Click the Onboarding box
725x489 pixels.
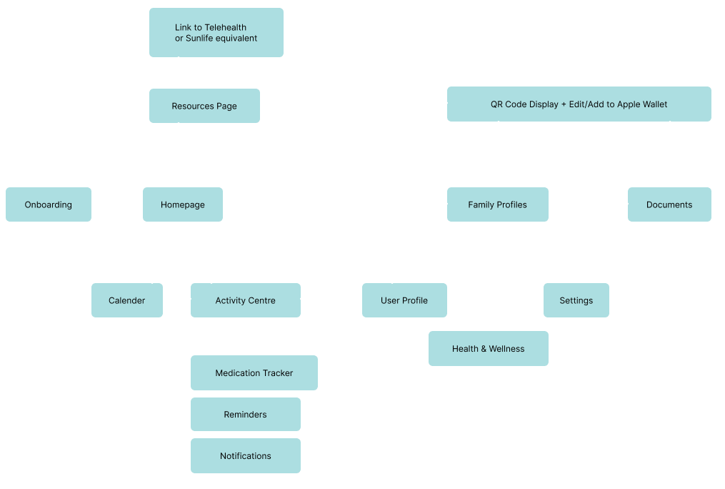point(49,204)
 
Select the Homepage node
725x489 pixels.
point(183,204)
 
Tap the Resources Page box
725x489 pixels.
point(204,106)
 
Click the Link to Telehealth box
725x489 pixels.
point(216,33)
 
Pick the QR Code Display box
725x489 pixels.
point(579,104)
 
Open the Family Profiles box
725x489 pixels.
point(498,204)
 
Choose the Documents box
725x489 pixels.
point(669,204)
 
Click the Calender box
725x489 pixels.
point(127,300)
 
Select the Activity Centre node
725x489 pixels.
point(246,300)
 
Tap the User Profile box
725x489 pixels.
point(404,300)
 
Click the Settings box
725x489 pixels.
point(576,300)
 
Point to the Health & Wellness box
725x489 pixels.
point(489,349)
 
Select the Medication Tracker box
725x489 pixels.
point(254,373)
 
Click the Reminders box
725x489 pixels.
point(246,415)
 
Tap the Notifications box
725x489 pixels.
point(246,456)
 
